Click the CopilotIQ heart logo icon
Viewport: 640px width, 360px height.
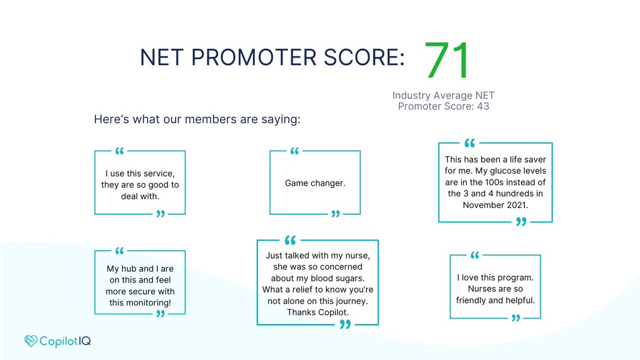tap(31, 341)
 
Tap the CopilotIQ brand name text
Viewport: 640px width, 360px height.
tap(65, 341)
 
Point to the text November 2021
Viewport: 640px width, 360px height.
tap(494, 205)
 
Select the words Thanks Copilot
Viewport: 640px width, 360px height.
tap(317, 312)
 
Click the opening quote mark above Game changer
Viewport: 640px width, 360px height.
tap(294, 151)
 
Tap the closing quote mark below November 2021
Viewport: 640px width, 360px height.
tap(522, 222)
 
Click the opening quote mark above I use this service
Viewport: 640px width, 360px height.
tap(119, 151)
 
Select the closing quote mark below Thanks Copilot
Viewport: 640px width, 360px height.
tap(345, 324)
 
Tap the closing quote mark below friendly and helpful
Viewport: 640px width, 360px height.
tap(516, 318)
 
